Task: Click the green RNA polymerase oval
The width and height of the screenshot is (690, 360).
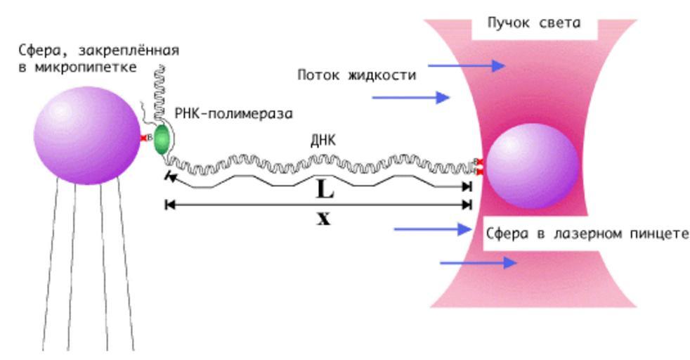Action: [162, 139]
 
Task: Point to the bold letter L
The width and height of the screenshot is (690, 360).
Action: [325, 189]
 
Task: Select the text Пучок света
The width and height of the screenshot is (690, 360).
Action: [534, 22]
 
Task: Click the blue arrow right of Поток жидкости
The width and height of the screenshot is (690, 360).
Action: [467, 66]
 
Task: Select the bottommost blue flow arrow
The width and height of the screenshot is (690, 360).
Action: [478, 263]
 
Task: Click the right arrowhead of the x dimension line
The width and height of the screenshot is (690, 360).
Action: [466, 205]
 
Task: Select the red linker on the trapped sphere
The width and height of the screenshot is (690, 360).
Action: [479, 166]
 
